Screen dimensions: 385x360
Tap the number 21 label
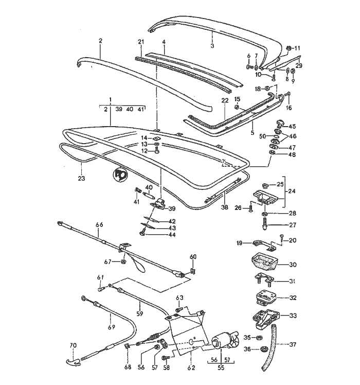(140, 42)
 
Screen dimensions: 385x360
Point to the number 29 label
(299, 65)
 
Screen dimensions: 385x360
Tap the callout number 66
(99, 224)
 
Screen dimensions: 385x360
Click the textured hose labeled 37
(269, 350)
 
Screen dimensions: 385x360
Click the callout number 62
(192, 368)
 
